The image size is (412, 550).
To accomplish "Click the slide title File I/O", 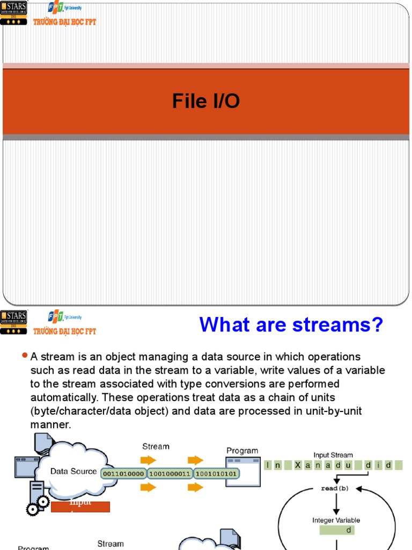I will (x=205, y=101).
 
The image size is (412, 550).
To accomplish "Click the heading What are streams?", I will (x=291, y=325).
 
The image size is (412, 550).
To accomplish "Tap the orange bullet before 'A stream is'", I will (x=25, y=356).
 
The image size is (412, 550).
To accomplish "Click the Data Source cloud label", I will (x=73, y=472).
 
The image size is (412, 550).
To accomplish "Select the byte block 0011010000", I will (x=123, y=474).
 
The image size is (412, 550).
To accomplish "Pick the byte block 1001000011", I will (x=170, y=474).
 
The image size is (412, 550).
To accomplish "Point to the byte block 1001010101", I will (x=216, y=474).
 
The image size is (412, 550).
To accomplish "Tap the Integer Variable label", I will (x=336, y=520).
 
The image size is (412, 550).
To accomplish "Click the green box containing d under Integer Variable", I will (x=336, y=530).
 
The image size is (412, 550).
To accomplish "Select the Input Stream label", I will (x=333, y=455).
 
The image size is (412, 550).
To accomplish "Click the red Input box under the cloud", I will (x=80, y=506).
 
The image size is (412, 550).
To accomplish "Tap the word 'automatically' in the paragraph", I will (x=64, y=398).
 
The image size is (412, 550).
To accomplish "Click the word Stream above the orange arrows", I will (x=156, y=446).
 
